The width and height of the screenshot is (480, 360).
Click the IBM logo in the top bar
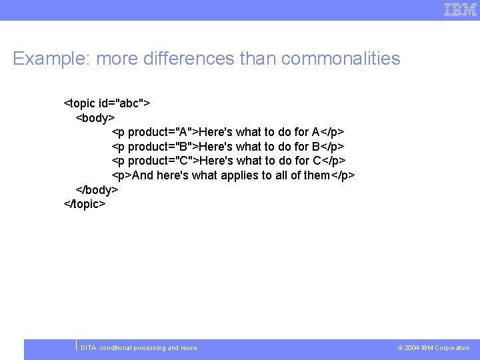tap(460, 9)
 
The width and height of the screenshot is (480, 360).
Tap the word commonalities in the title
tap(341, 59)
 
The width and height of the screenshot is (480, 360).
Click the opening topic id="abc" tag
tap(107, 103)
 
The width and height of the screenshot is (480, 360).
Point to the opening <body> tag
tap(95, 118)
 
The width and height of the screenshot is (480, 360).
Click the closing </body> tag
tap(97, 190)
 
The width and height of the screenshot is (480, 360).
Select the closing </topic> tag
tap(85, 204)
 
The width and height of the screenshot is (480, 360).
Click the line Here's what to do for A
tap(259, 132)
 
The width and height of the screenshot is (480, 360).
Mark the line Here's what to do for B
tap(259, 147)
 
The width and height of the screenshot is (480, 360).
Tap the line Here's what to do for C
tap(260, 161)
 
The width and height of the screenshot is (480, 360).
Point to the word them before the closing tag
tap(315, 175)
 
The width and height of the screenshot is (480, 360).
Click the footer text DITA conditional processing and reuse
tap(139, 348)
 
